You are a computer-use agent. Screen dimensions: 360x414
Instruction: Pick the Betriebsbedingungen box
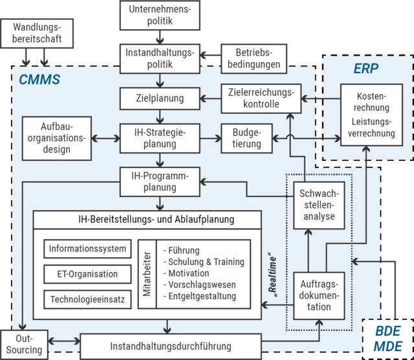[x=252, y=58]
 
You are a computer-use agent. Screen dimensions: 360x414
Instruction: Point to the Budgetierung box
[x=246, y=138]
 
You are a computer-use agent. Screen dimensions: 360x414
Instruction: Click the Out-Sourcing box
[x=25, y=343]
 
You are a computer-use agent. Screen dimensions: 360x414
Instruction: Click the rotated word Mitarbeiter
[x=147, y=275]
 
